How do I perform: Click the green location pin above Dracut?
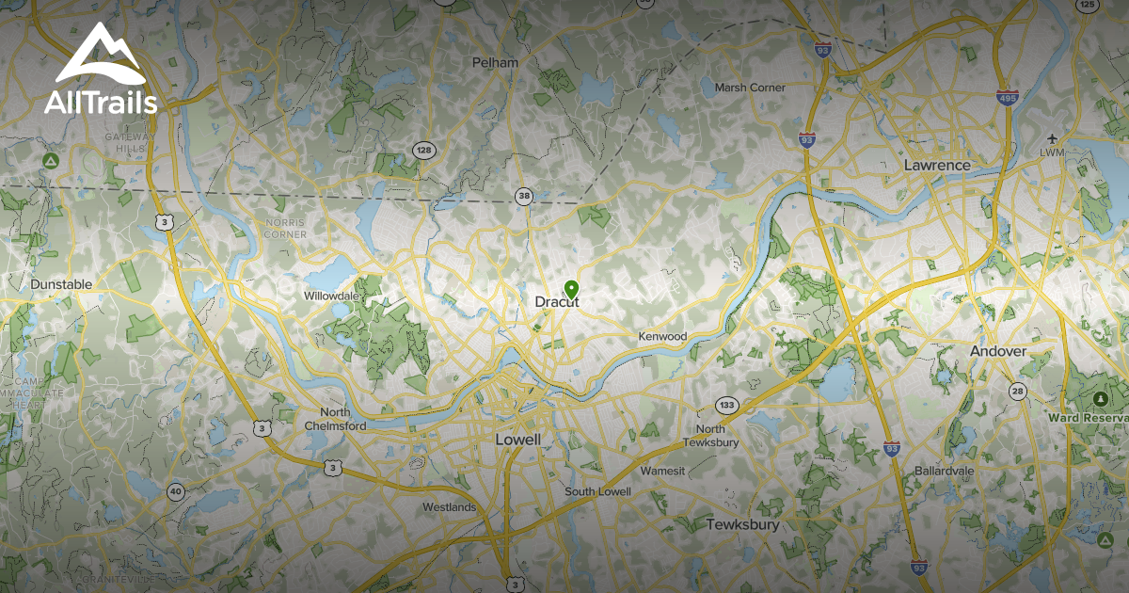click(570, 289)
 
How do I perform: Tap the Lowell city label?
click(517, 440)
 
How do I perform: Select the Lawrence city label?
click(936, 165)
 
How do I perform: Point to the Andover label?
click(997, 351)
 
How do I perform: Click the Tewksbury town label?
click(742, 524)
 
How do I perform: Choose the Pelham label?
click(496, 63)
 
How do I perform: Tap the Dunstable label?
click(61, 284)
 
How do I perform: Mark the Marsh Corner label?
click(750, 88)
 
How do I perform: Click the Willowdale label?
click(331, 296)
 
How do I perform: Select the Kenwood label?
click(662, 336)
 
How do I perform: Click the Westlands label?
click(449, 507)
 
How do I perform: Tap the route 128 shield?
click(423, 151)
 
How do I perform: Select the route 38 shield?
click(524, 197)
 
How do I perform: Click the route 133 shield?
click(725, 405)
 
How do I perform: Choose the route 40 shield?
click(175, 491)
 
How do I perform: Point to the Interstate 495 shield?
click(1006, 97)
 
